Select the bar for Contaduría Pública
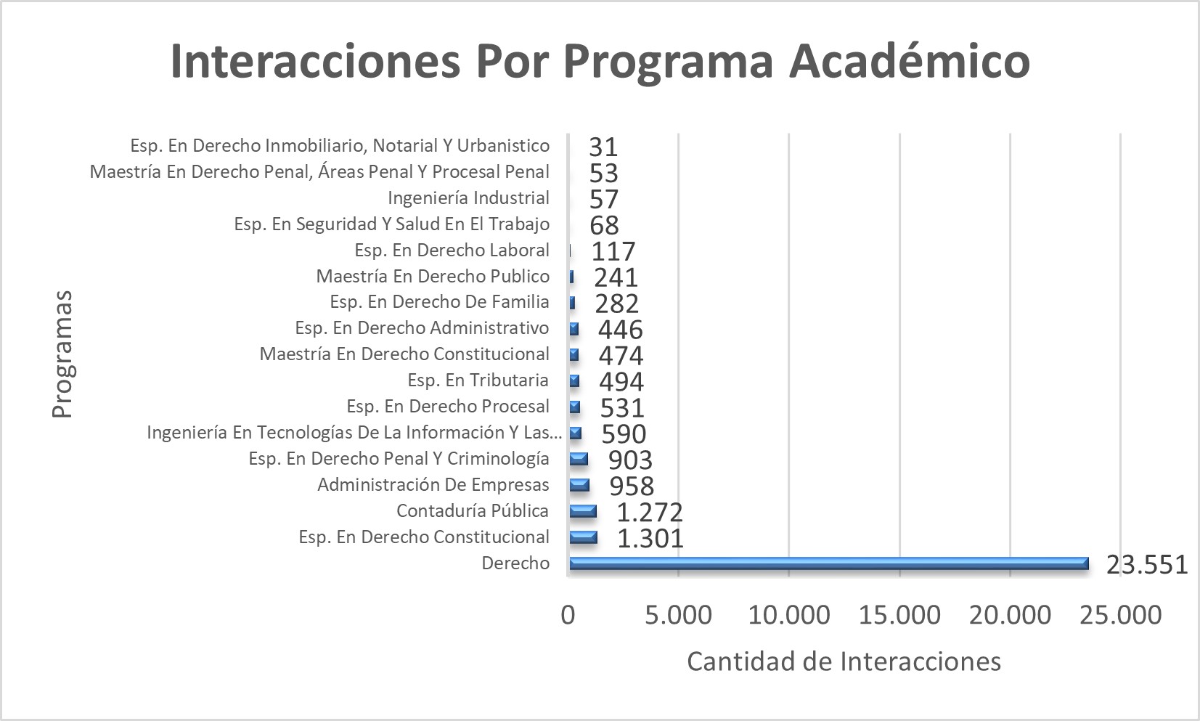(583, 511)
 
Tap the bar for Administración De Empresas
(579, 485)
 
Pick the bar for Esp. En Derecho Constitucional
(584, 537)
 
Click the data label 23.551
(1146, 564)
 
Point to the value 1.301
(650, 538)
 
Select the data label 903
(630, 460)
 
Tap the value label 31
(603, 147)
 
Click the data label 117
(613, 251)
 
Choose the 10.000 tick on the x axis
(788, 616)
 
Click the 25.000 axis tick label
(1120, 616)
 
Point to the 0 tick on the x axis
(568, 616)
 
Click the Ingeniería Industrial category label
(468, 198)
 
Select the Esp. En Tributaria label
(478, 380)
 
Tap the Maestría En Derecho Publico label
(433, 277)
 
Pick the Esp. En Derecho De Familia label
(439, 302)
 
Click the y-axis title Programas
(63, 354)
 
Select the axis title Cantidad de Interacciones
(844, 661)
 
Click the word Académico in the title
(910, 60)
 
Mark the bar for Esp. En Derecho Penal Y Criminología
(579, 459)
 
